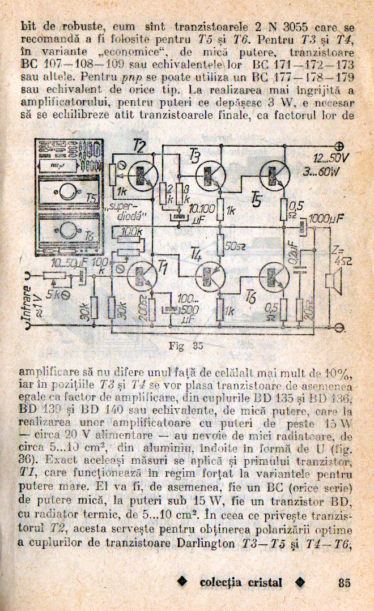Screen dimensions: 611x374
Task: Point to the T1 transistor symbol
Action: coord(142,276)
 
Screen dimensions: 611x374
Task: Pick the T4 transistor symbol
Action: coord(211,276)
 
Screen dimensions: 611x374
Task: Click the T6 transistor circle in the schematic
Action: coord(275,277)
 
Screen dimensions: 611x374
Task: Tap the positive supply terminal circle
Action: coord(341,145)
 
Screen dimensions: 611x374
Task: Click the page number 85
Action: coord(344,583)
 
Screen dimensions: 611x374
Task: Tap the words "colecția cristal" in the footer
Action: coord(241,583)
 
